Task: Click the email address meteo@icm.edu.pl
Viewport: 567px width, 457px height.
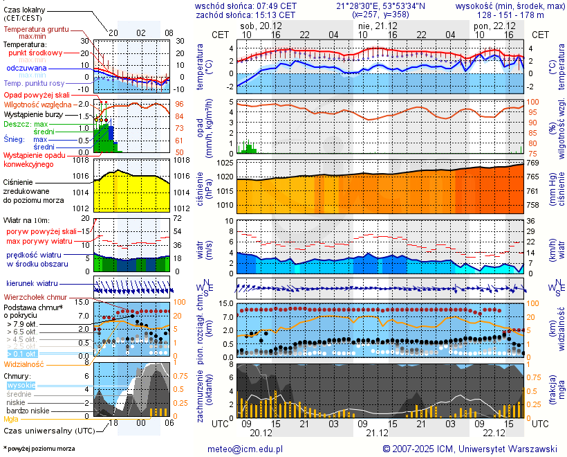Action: pos(245,449)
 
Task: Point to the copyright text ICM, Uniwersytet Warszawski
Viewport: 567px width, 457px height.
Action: pos(470,449)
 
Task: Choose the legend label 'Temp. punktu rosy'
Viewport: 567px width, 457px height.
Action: pos(33,82)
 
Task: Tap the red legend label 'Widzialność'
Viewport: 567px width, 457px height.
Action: pos(24,364)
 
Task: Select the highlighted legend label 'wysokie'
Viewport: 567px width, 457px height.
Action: pos(21,385)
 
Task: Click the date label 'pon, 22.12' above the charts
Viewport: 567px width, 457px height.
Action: pos(490,25)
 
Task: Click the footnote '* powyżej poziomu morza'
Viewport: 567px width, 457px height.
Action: pos(39,449)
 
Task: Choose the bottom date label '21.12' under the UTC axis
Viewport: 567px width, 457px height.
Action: pos(377,431)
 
